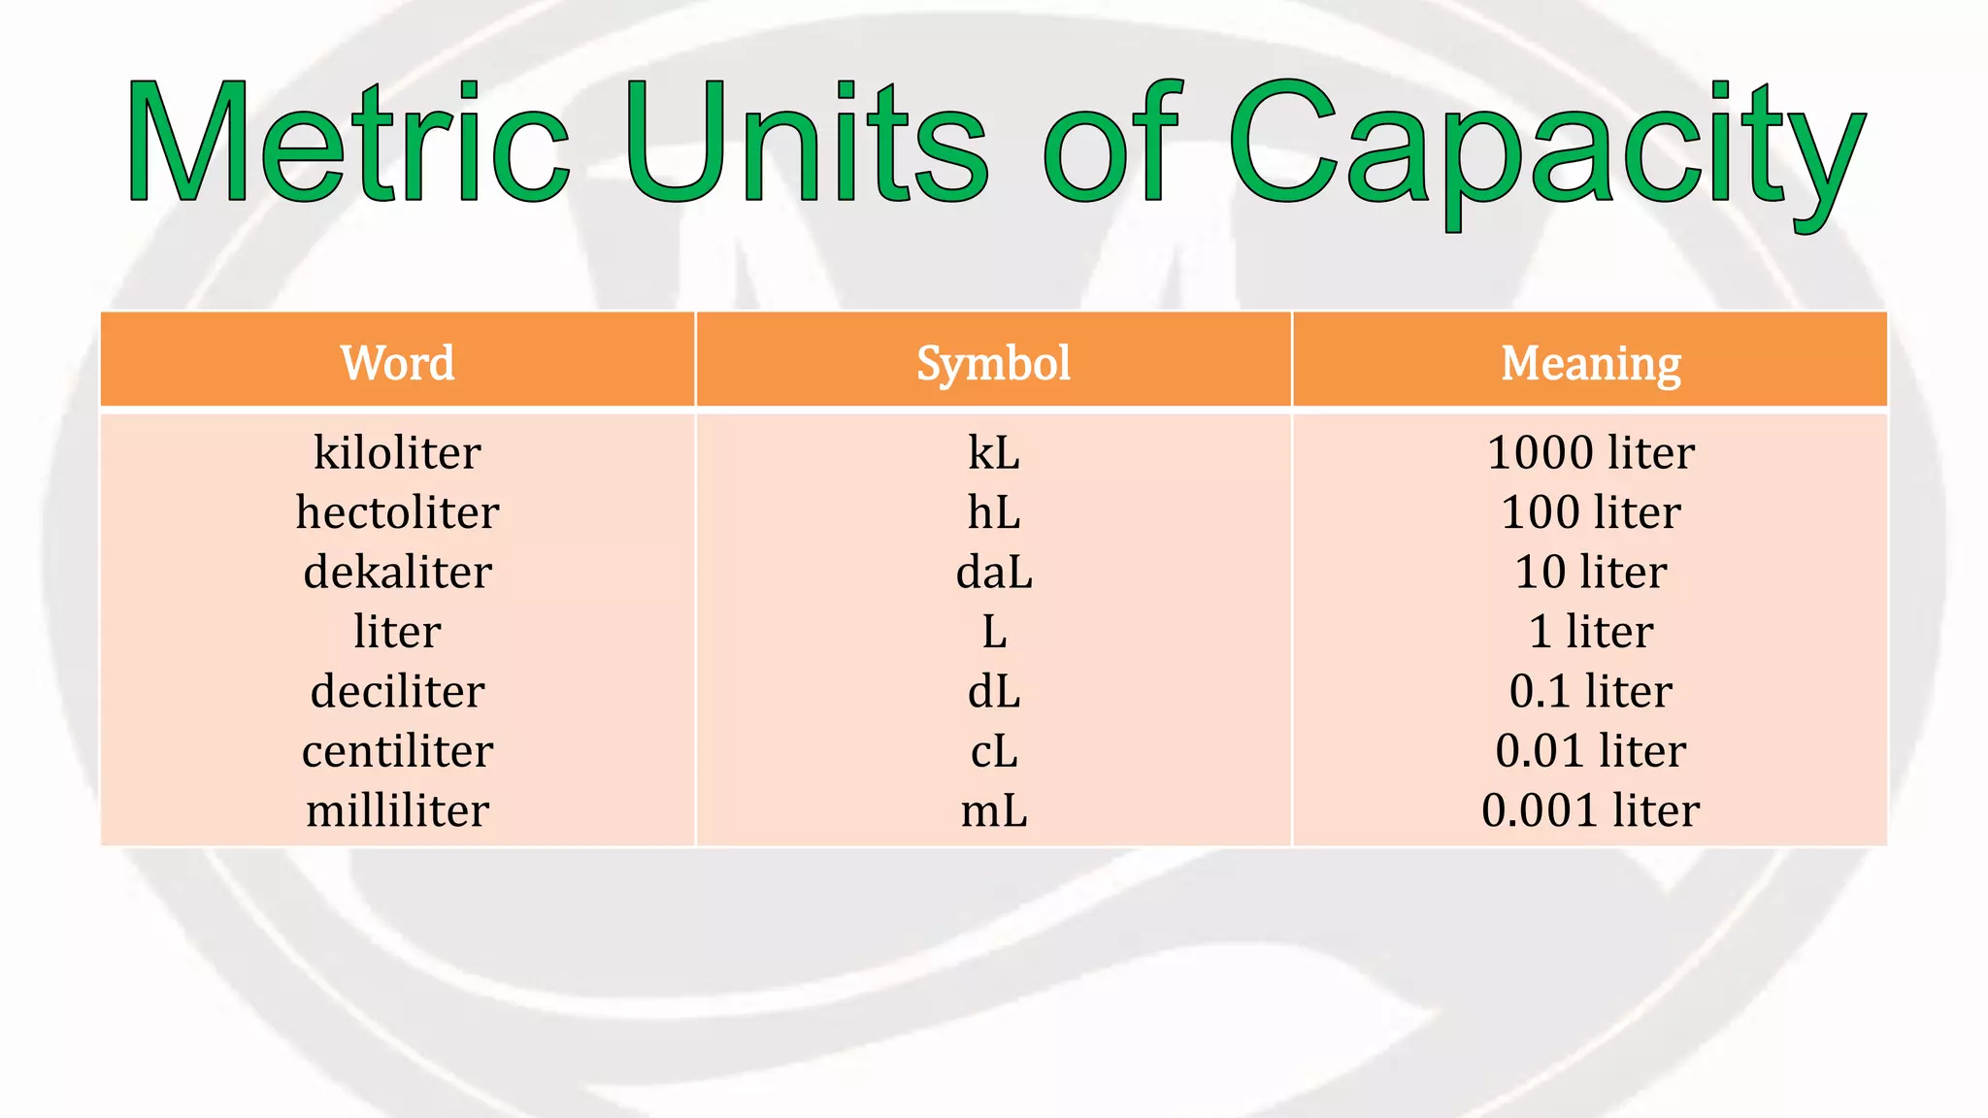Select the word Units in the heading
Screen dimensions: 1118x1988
(806, 143)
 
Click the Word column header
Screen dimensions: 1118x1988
(397, 363)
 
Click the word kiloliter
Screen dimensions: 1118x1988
(397, 452)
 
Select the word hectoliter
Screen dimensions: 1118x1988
(397, 512)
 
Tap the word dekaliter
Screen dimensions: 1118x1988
(397, 572)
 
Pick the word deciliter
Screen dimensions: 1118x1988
(397, 691)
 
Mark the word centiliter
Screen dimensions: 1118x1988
(397, 751)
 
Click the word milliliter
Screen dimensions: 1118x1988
(397, 810)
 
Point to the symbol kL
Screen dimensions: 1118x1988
(993, 452)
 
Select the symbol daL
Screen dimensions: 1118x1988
(993, 572)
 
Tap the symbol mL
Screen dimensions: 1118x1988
(993, 810)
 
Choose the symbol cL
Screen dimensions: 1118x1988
(993, 751)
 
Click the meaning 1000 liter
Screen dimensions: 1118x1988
(1590, 452)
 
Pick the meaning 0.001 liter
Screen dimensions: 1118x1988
(1590, 810)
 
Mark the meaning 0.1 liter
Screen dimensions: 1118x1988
(1590, 691)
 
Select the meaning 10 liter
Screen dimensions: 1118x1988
(1590, 572)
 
